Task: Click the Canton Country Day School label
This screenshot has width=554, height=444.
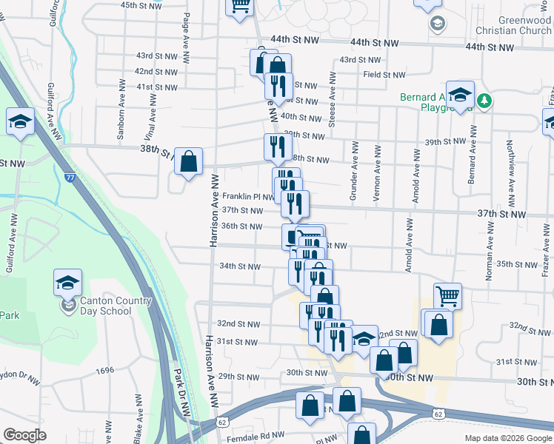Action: [x=106, y=306]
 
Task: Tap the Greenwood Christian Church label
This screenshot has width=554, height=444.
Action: [x=515, y=26]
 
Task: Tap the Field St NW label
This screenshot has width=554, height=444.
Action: [x=384, y=75]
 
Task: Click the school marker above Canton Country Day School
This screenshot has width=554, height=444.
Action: [x=67, y=282]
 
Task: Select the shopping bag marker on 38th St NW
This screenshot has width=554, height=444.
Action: [x=189, y=161]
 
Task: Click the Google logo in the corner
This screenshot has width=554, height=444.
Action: [x=24, y=435]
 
